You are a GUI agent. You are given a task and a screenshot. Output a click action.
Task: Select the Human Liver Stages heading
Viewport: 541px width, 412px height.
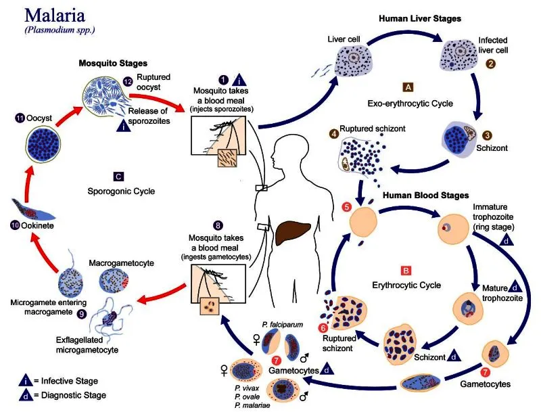tap(419, 19)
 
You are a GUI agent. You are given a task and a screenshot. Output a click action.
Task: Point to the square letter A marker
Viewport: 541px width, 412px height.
tap(408, 87)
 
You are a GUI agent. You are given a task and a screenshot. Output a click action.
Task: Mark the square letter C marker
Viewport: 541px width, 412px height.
tap(118, 177)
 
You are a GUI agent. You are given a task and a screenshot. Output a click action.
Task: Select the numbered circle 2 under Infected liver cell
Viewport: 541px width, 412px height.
tap(492, 64)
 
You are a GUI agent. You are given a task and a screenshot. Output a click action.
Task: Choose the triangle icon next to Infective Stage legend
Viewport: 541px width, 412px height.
tap(24, 381)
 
